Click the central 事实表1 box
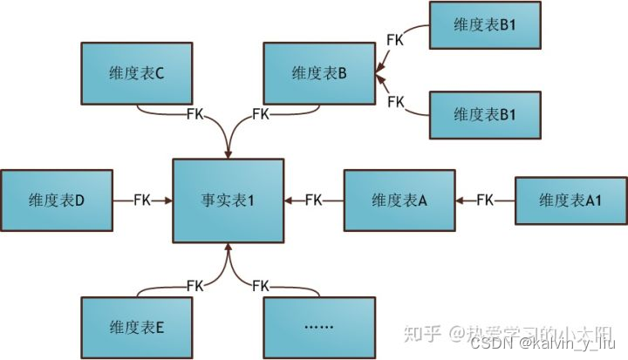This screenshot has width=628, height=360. [228, 200]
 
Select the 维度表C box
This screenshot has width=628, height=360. [137, 74]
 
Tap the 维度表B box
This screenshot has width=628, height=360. [319, 74]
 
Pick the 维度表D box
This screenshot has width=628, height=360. [56, 200]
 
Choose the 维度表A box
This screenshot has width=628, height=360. [399, 200]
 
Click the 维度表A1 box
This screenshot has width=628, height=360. [571, 200]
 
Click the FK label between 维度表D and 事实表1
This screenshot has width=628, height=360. [142, 200]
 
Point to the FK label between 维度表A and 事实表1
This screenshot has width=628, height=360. [314, 200]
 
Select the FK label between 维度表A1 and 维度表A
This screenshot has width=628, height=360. [486, 200]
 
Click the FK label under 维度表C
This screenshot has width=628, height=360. [196, 114]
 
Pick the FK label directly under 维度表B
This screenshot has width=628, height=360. [261, 114]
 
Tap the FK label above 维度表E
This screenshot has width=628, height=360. [196, 285]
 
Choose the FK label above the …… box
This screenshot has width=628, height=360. [261, 285]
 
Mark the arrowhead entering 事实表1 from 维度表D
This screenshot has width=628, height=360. [167, 200]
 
